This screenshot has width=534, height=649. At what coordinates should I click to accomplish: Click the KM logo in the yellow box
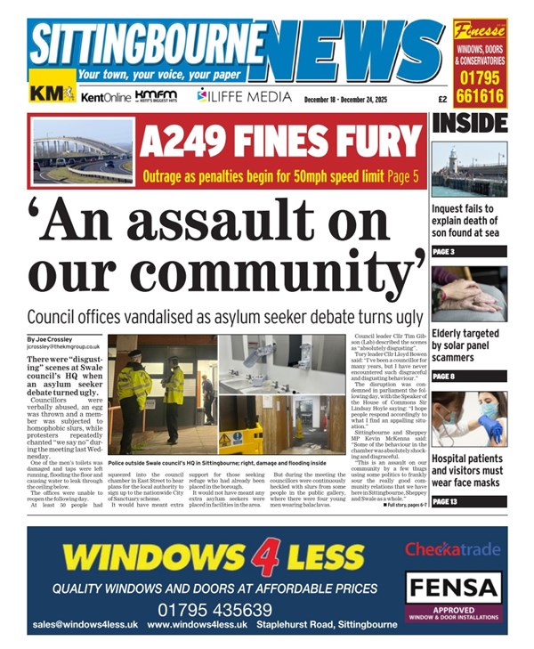coord(52,93)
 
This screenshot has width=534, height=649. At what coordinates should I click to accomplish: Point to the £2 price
coord(441,99)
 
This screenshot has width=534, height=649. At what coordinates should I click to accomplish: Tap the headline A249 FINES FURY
coord(279,138)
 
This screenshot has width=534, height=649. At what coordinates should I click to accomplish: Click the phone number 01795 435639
coord(214,610)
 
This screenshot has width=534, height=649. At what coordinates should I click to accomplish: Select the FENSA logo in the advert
coord(453,588)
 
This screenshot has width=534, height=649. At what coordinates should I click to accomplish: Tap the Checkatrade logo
coord(453,549)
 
